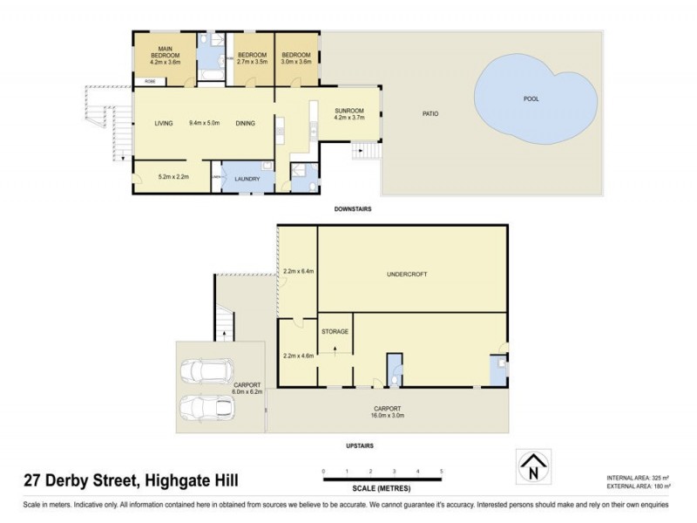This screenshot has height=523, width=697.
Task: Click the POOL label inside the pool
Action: click(x=531, y=98)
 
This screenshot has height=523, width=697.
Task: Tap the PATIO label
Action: click(x=430, y=113)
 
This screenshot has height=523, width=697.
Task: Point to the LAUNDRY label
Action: click(x=247, y=180)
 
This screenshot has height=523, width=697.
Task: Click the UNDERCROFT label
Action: click(x=407, y=275)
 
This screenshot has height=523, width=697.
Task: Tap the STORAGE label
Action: click(x=335, y=331)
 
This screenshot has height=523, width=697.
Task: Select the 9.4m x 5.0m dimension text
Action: click(x=205, y=123)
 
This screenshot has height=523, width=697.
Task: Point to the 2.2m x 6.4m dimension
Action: click(x=298, y=271)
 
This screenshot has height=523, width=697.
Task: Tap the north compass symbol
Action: click(x=533, y=467)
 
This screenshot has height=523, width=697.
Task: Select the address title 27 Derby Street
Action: click(x=130, y=479)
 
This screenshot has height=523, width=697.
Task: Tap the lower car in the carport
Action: click(x=201, y=408)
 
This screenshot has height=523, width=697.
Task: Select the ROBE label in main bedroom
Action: click(x=151, y=82)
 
